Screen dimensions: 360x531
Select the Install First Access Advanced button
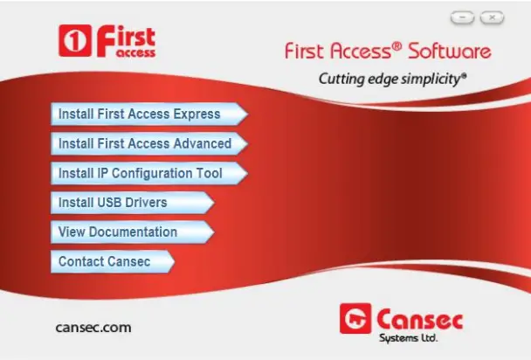click(x=144, y=143)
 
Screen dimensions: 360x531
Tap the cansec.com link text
click(x=93, y=328)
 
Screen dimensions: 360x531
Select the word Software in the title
click(x=451, y=51)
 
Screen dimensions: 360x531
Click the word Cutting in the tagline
click(x=341, y=79)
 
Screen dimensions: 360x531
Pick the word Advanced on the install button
click(x=200, y=143)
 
